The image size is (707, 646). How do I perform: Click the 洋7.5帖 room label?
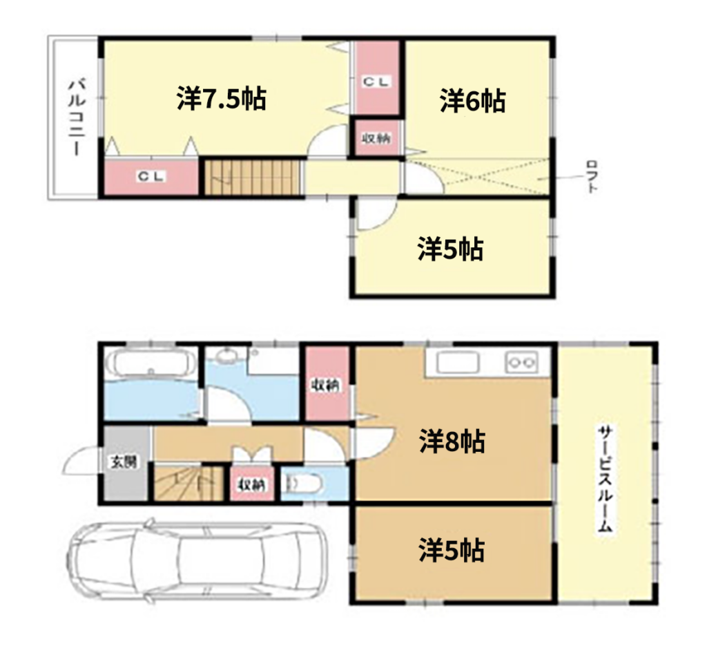pos(222,98)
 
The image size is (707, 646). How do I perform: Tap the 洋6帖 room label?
pos(472,101)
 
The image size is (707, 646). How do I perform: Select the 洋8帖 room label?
pos(452,441)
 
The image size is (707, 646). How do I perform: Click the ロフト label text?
pos(592,176)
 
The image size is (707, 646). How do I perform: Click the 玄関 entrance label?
pos(124,462)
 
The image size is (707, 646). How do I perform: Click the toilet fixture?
pos(304,485)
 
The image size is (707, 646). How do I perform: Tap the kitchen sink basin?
pos(458,362)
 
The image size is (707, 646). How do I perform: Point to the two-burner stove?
pos(522,362)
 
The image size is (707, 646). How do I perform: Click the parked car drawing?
pos(197,560)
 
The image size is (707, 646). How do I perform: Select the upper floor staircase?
pos(253,178)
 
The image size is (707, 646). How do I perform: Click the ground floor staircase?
pos(189,483)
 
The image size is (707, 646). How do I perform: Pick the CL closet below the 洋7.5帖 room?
pos(151,177)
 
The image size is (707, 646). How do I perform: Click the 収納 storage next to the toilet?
pos(252,484)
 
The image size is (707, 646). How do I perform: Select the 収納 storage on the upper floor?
pos(377,138)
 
